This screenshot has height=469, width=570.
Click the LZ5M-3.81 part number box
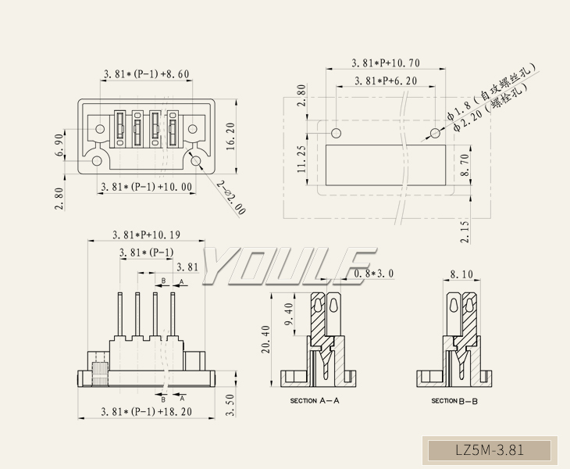coord(490,451)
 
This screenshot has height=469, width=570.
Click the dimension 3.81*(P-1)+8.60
coord(146,75)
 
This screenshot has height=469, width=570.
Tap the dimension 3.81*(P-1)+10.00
coord(145,188)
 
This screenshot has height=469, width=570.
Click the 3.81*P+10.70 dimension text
coord(387,63)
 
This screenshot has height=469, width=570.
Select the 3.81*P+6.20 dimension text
coord(385,81)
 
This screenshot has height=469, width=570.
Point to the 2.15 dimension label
coord(465,231)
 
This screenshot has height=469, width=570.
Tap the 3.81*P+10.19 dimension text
coord(146,234)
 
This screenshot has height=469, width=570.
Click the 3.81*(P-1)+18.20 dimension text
coord(146,411)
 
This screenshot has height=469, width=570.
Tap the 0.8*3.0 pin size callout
coord(373,274)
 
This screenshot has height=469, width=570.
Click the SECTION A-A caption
coord(315,401)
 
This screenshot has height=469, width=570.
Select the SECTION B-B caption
coord(454,401)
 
